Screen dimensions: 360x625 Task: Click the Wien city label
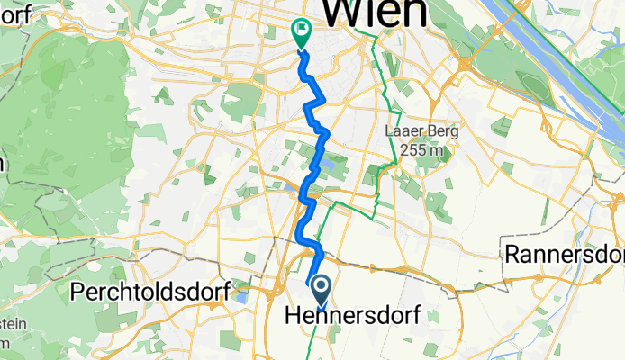pos(375,13)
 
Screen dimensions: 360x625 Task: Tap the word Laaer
pos(403,131)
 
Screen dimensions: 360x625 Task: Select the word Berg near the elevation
pos(442,131)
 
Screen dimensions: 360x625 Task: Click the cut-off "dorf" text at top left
pos(18,13)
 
